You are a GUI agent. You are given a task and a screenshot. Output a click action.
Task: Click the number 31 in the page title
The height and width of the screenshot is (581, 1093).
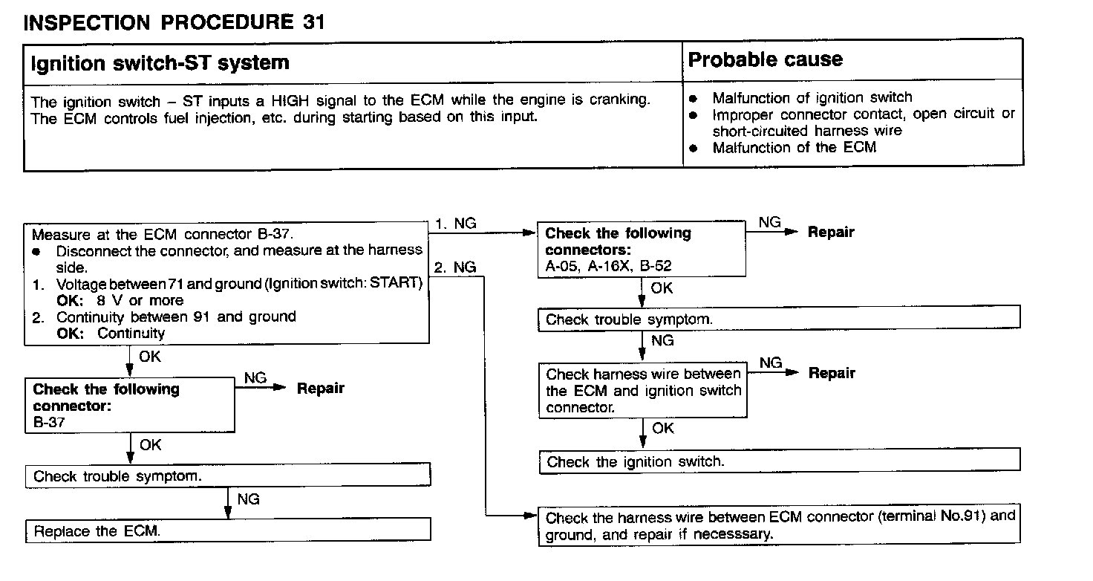click(313, 22)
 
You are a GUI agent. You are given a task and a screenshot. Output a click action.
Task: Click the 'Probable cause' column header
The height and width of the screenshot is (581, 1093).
click(766, 60)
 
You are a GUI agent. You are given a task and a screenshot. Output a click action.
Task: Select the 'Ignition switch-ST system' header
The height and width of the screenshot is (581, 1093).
click(160, 62)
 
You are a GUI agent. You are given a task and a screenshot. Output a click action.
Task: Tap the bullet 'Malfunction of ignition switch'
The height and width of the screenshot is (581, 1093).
click(812, 97)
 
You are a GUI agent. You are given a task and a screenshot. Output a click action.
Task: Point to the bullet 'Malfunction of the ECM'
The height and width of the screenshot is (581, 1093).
click(794, 147)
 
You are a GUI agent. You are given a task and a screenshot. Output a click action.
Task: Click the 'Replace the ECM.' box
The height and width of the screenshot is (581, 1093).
click(229, 531)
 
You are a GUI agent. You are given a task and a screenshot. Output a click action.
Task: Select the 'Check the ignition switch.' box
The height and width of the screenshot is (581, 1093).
click(779, 461)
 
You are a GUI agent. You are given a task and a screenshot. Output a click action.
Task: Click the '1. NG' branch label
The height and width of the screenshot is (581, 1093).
click(455, 224)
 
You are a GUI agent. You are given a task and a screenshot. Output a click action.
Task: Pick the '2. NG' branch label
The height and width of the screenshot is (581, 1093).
click(455, 267)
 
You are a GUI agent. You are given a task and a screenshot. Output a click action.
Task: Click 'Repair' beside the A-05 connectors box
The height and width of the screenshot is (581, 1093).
click(831, 232)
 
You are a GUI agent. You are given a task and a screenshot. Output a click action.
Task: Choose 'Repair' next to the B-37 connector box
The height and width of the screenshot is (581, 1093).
click(321, 388)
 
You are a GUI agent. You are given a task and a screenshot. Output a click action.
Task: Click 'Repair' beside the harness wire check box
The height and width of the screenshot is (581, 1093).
click(832, 373)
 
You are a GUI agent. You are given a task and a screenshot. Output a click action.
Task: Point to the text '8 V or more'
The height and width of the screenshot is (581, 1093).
click(139, 301)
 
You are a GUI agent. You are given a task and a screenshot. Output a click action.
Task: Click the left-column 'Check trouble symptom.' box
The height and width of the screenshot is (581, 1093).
click(229, 476)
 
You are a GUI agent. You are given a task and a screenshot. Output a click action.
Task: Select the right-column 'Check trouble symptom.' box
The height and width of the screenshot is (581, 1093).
click(779, 319)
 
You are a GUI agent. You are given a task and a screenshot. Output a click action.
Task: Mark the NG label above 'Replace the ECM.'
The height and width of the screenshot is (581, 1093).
click(249, 499)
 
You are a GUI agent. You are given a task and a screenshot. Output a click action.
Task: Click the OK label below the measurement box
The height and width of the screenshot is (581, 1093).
click(149, 357)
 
